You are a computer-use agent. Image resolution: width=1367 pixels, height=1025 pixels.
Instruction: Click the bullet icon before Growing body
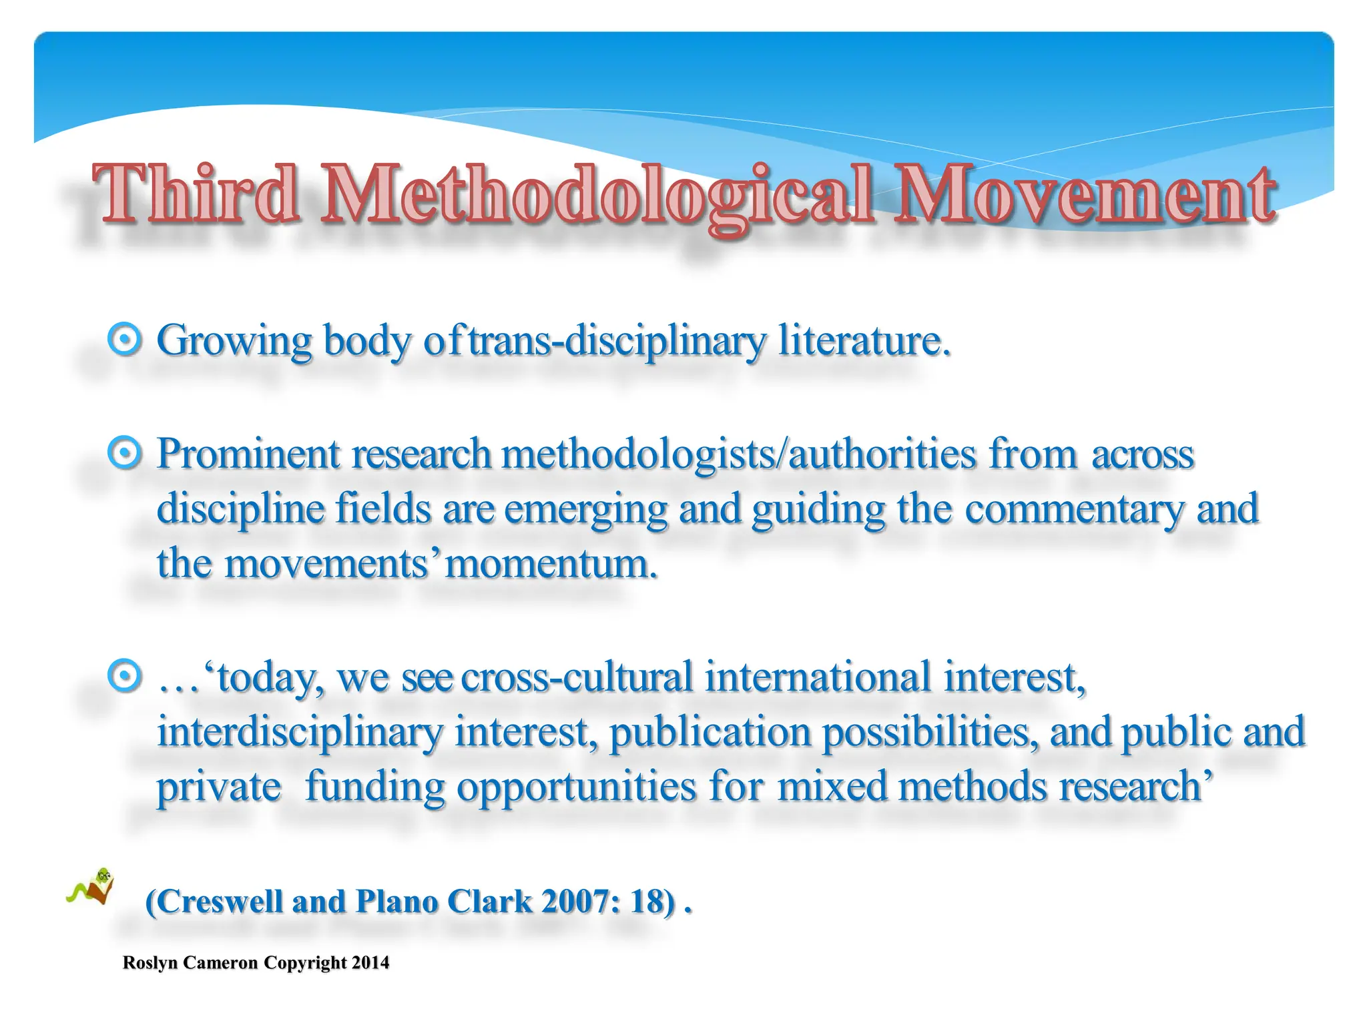tap(125, 340)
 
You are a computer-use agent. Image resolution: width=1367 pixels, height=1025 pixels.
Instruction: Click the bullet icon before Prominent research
tap(125, 454)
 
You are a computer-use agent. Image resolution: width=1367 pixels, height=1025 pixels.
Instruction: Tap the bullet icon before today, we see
tap(125, 677)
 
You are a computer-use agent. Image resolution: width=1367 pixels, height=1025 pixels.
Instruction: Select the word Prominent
tap(248, 454)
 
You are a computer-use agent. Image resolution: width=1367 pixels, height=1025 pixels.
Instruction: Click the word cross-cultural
tap(577, 677)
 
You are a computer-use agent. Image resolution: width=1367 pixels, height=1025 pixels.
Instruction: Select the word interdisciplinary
tap(300, 732)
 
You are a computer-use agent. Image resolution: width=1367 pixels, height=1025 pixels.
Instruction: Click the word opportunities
tap(577, 787)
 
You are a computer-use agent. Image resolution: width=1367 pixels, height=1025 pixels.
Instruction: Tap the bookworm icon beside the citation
tap(93, 888)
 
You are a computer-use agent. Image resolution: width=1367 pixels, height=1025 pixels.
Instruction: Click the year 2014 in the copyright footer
tap(370, 963)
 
